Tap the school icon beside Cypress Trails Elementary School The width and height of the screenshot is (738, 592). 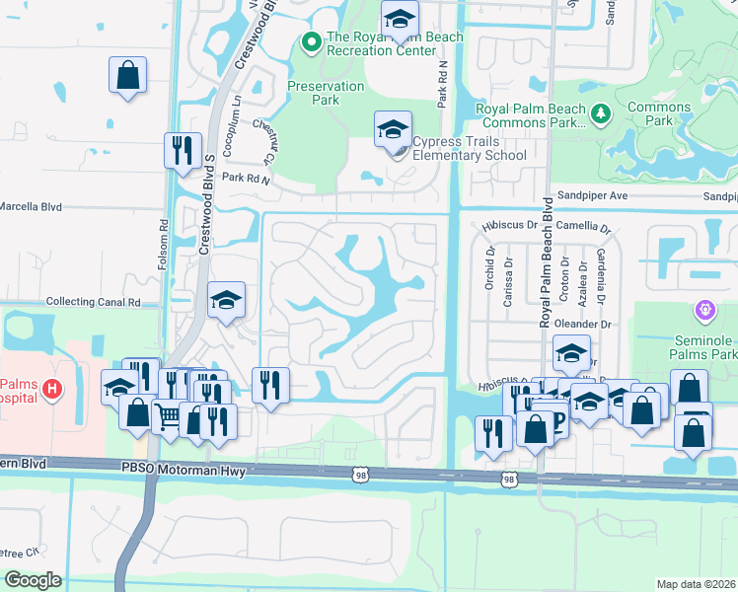click(392, 129)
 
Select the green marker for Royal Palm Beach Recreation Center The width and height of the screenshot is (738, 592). click(311, 41)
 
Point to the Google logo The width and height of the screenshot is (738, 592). click(33, 580)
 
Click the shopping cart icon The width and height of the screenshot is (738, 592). click(167, 416)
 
